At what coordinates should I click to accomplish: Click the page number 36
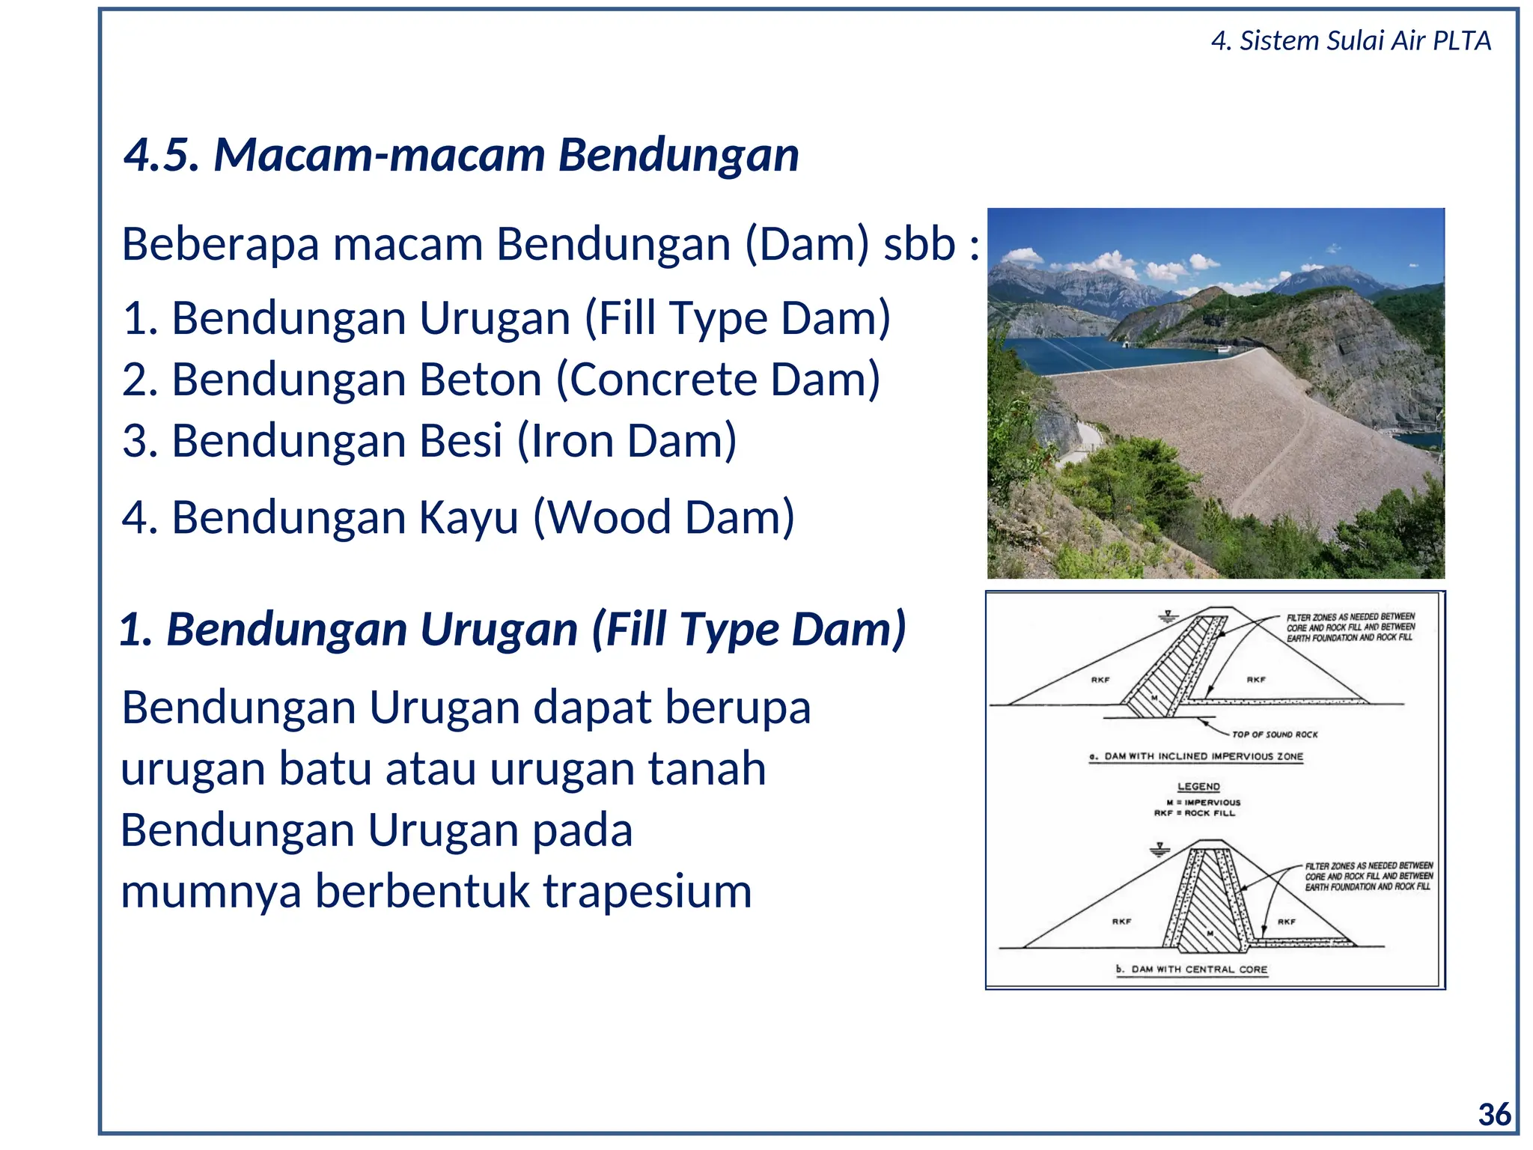tap(1494, 1115)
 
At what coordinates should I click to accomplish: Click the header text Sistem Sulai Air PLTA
tap(1365, 40)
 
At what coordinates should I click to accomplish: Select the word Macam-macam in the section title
tap(380, 155)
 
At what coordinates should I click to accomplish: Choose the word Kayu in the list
tap(468, 517)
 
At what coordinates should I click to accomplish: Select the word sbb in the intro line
tap(919, 244)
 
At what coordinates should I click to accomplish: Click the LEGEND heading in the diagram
tap(1198, 786)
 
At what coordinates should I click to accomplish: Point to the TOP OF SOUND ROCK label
tap(1274, 734)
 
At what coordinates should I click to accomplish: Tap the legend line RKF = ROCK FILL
tap(1195, 813)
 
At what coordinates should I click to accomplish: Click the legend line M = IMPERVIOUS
tap(1203, 802)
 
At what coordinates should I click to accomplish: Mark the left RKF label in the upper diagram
tap(1100, 680)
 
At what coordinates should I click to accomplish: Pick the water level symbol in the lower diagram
tap(1159, 850)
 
